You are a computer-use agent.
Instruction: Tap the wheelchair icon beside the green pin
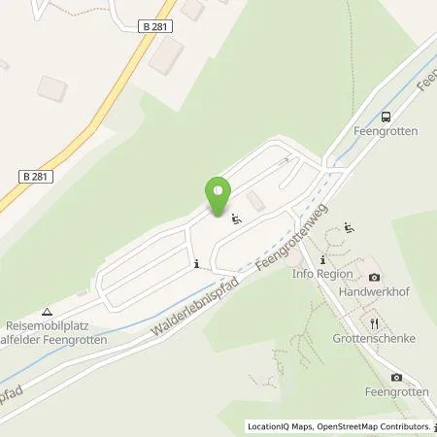(235, 218)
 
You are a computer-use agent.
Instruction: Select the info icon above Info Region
(322, 261)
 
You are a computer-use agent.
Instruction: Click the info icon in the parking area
(197, 263)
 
